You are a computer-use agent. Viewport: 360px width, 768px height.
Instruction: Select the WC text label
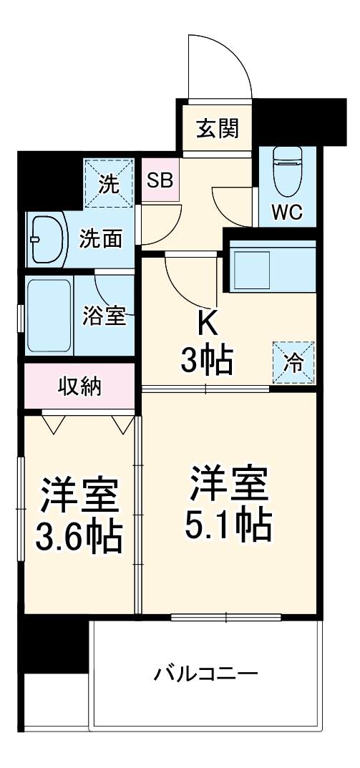[286, 211]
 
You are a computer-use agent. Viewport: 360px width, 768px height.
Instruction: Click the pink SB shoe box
[160, 180]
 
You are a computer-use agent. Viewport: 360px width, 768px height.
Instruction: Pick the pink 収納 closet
[79, 387]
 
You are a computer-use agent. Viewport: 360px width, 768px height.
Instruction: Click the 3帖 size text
[206, 362]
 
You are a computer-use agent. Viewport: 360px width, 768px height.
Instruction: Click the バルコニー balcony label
[206, 674]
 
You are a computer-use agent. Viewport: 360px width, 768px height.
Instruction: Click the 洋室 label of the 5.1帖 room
[228, 486]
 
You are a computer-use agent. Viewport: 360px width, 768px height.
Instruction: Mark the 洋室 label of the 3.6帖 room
[79, 495]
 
